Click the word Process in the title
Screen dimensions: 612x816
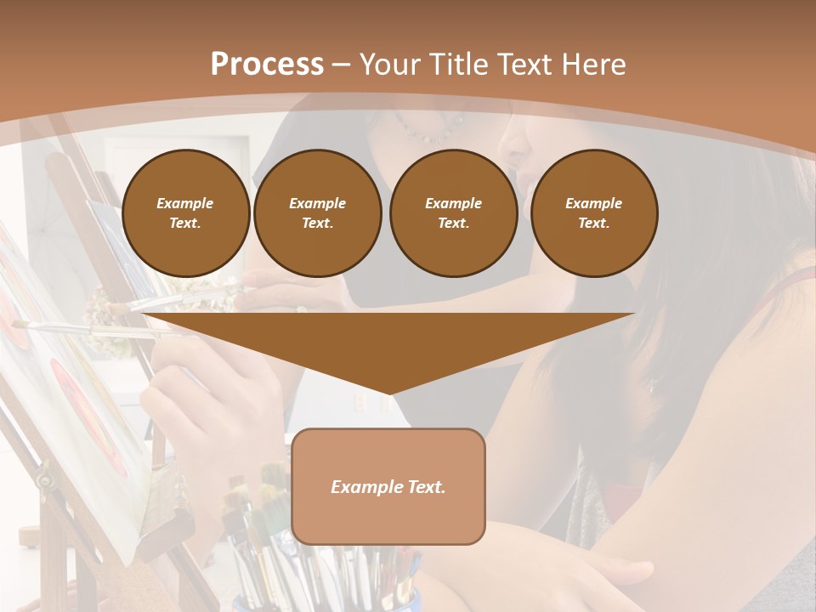click(x=267, y=65)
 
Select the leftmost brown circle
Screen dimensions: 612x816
click(x=186, y=213)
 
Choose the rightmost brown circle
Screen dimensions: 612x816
click(x=594, y=213)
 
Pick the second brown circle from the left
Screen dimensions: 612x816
click(x=318, y=213)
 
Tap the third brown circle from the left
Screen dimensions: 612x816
click(x=454, y=213)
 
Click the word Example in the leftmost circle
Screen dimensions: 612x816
click(x=185, y=203)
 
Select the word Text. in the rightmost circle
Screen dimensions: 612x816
click(x=594, y=224)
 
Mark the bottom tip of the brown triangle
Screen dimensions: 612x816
click(x=388, y=393)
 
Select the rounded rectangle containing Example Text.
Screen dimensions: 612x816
click(x=388, y=486)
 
